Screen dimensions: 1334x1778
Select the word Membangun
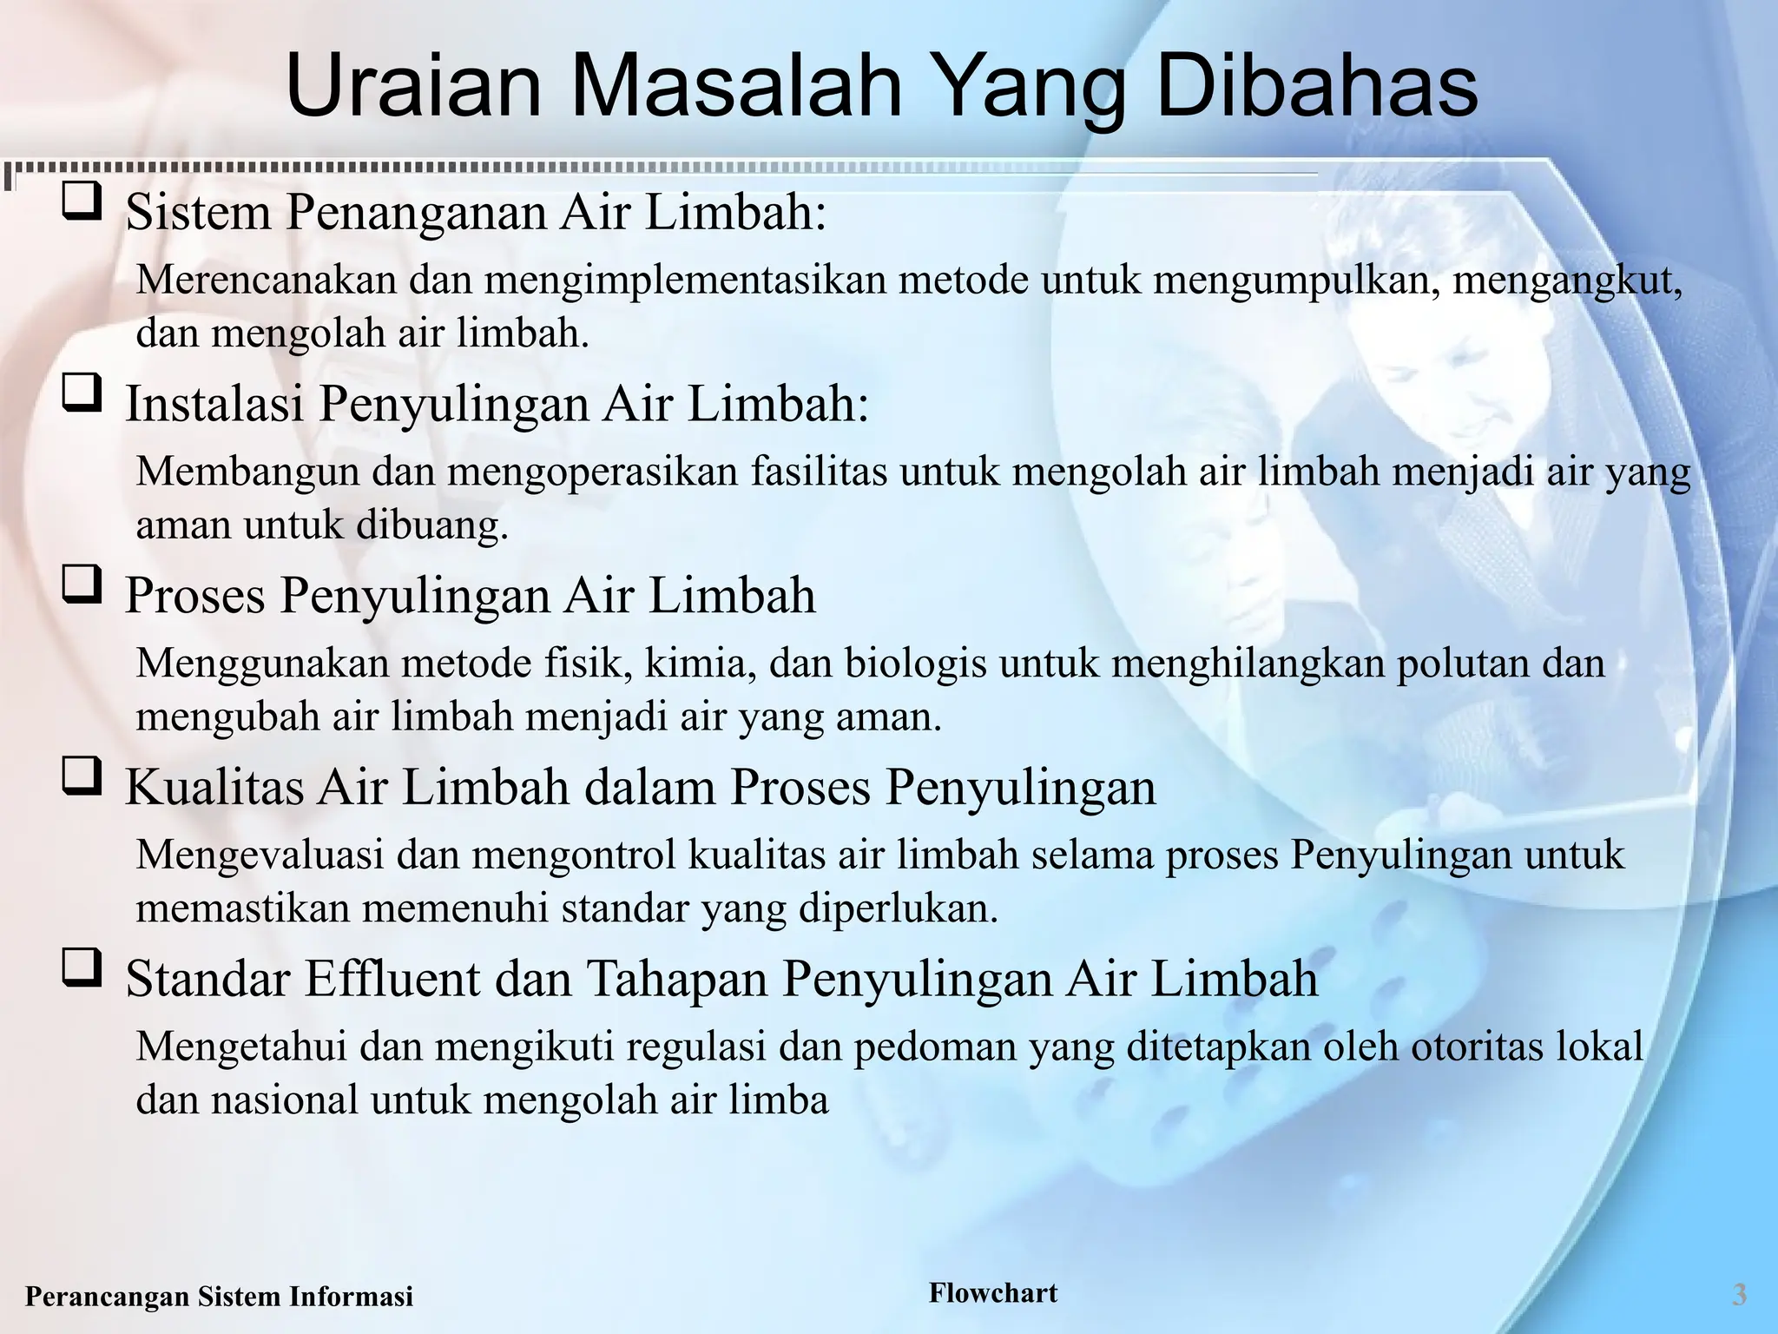tap(247, 472)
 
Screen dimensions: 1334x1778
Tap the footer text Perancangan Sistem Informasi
tap(220, 1297)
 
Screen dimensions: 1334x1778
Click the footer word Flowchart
tap(993, 1292)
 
